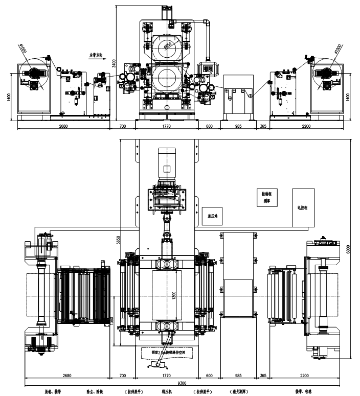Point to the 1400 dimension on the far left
coord(9,97)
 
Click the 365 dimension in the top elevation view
coord(263,126)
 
